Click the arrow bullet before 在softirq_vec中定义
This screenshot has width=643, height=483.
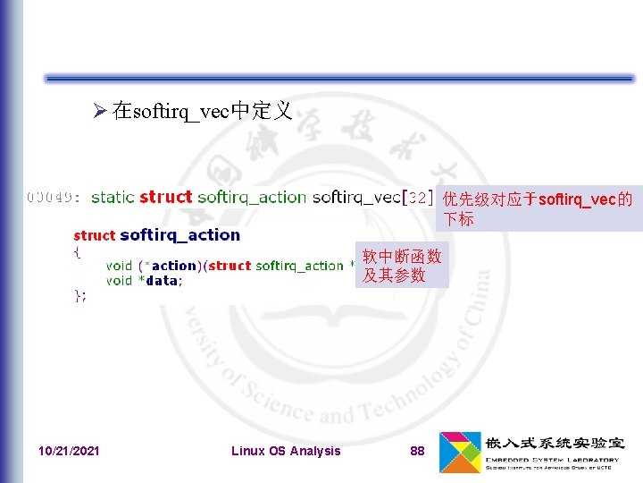[x=100, y=111]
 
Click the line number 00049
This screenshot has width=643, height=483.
[x=54, y=197]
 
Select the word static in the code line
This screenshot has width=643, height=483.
[x=113, y=197]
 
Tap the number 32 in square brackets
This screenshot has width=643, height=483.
[x=417, y=197]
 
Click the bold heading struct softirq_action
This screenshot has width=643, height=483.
[x=156, y=235]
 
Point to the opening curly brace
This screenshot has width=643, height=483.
[x=77, y=251]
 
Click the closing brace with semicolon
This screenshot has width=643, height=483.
[x=79, y=296]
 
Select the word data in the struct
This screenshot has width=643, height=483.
[x=161, y=281]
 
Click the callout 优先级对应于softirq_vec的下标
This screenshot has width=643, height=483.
[x=538, y=208]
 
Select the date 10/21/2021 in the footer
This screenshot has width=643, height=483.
[x=70, y=451]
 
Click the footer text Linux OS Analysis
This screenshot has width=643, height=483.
[x=286, y=451]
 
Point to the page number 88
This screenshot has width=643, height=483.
[x=417, y=451]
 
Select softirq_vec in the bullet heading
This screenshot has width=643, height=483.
[x=180, y=111]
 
